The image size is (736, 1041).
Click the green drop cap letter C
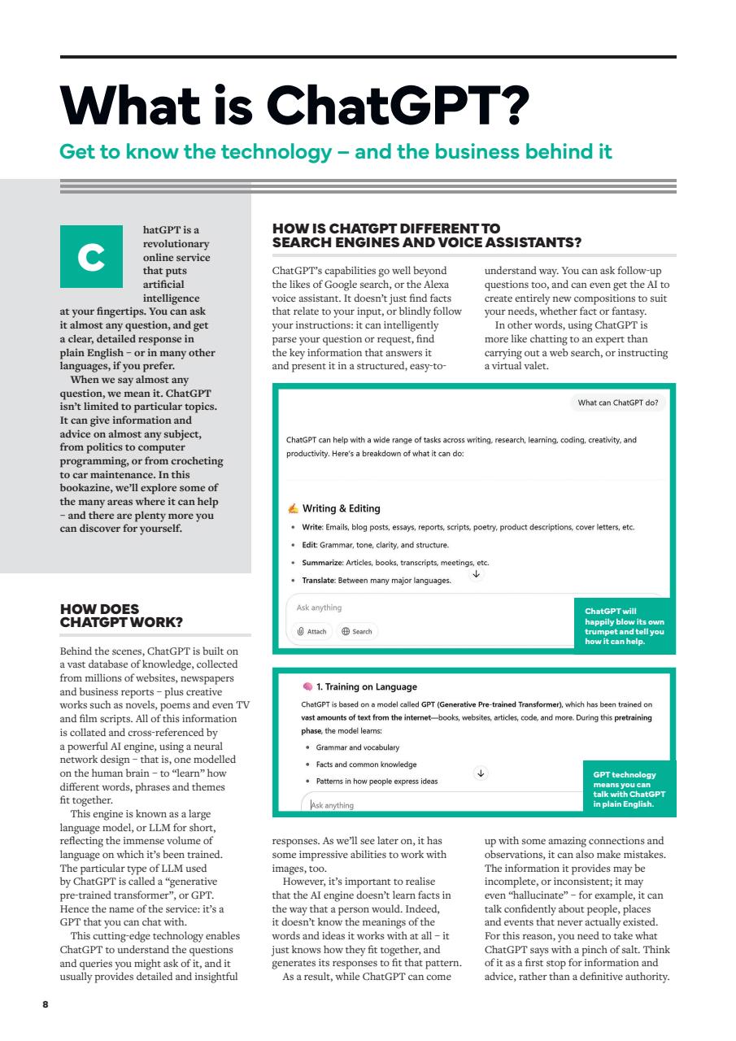91,257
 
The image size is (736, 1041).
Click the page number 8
46,1005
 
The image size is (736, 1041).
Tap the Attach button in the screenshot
312,631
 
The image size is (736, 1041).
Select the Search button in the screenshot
356,631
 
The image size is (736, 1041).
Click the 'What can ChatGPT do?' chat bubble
617,403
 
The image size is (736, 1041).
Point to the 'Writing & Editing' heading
341,508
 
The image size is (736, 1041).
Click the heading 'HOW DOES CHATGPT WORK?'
121,616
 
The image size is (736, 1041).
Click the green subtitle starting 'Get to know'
336,152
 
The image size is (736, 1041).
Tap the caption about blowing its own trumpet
625,626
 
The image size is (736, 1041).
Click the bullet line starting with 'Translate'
376,581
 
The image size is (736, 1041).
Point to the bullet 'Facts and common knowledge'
359,764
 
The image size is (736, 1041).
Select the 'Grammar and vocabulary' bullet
352,747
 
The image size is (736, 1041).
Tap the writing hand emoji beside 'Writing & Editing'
293,509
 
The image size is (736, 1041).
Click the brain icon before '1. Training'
307,687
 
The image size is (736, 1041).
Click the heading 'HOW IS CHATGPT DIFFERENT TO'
386,229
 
